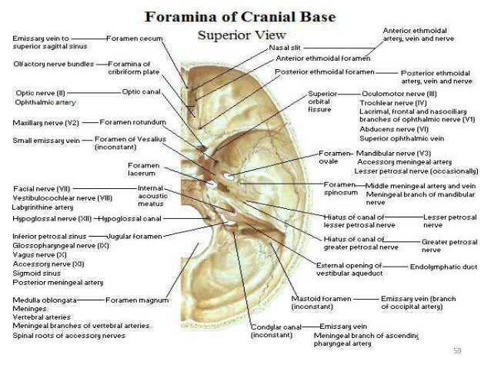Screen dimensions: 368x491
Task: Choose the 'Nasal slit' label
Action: pyautogui.click(x=284, y=48)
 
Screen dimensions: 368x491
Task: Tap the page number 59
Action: pyautogui.click(x=456, y=350)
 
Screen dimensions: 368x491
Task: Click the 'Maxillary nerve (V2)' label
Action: pyautogui.click(x=45, y=122)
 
